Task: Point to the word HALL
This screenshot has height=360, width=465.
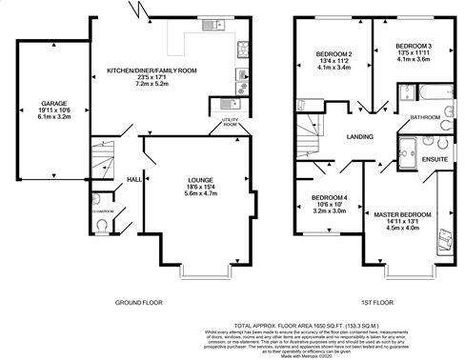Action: pyautogui.click(x=134, y=178)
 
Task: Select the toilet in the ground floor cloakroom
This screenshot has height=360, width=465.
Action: pyautogui.click(x=103, y=227)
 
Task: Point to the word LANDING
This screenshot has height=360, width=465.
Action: pyautogui.click(x=359, y=135)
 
